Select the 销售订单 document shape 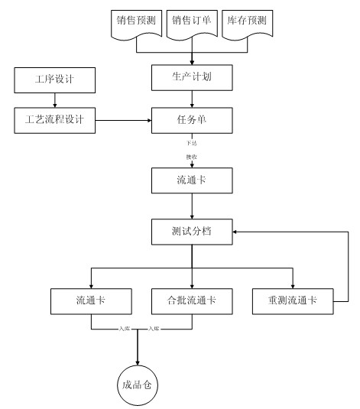(x=191, y=22)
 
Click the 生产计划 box (x=191, y=78)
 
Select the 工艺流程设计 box (x=54, y=119)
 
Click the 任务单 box (x=191, y=120)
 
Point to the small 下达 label (x=191, y=143)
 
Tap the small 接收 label (x=191, y=157)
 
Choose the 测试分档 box (x=191, y=231)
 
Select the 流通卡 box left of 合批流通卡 (x=92, y=300)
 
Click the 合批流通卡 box (x=191, y=300)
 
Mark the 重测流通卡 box (x=293, y=300)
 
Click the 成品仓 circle (x=138, y=386)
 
